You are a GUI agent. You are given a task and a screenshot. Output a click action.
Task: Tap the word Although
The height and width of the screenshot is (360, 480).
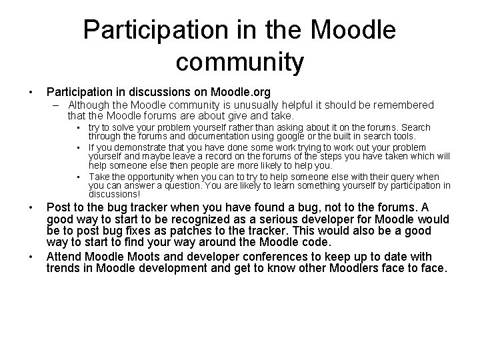pyautogui.click(x=91, y=105)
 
